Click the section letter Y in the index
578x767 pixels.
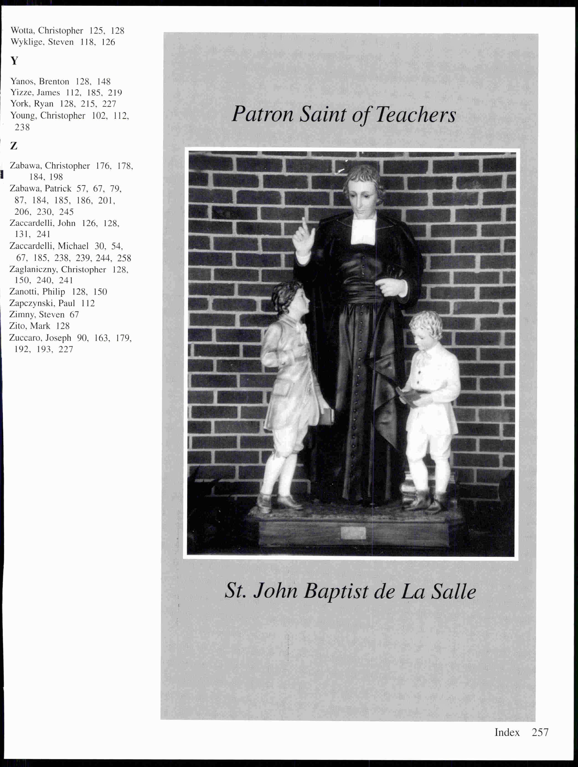14,61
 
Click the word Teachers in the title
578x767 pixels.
415,114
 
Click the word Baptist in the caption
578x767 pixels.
336,591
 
